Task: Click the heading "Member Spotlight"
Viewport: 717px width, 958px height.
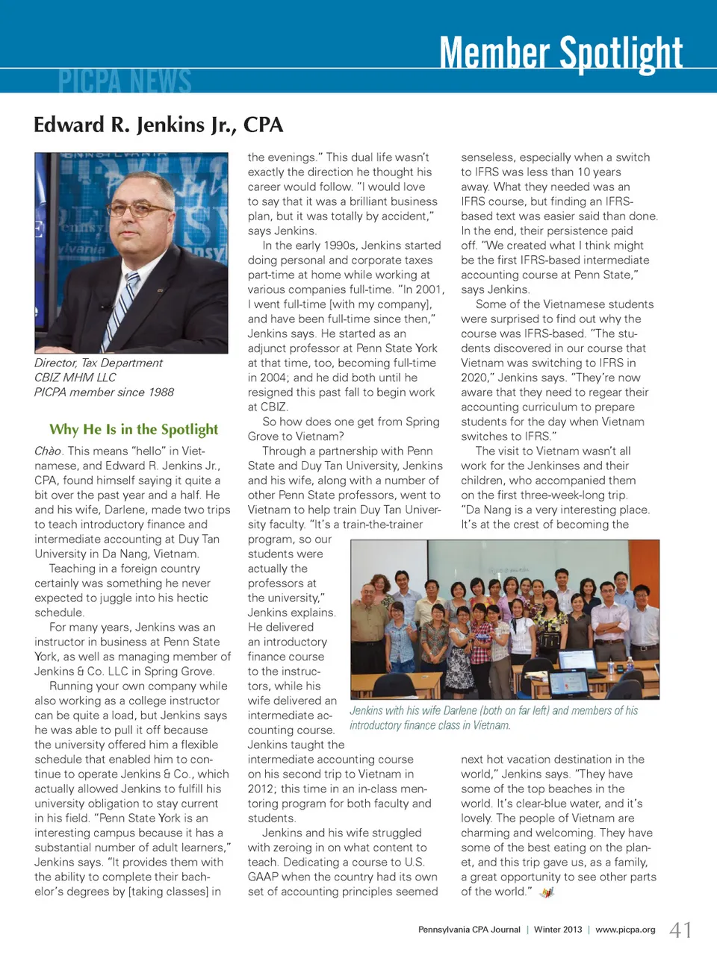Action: point(560,52)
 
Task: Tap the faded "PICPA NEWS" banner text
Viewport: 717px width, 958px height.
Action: point(125,81)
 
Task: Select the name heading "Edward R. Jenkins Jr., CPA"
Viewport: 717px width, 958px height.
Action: point(158,125)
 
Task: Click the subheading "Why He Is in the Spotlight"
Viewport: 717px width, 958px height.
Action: point(134,429)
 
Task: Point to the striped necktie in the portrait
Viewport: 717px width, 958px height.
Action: point(122,306)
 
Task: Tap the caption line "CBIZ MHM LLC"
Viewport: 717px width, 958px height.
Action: point(75,378)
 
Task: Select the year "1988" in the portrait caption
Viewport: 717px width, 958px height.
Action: point(161,392)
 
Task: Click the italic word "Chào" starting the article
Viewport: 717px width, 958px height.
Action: point(48,451)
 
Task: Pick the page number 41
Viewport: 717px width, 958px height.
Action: point(680,930)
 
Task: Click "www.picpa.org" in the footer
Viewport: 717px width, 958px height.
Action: point(625,930)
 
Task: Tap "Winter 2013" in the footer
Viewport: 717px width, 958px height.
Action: point(557,930)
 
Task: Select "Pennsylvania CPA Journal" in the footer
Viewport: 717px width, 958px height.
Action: point(469,930)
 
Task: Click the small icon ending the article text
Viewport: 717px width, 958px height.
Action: point(547,892)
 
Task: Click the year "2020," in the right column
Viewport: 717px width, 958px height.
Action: point(477,378)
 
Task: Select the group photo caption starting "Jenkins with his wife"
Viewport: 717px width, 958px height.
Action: point(494,718)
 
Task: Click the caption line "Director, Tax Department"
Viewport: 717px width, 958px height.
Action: point(99,363)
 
